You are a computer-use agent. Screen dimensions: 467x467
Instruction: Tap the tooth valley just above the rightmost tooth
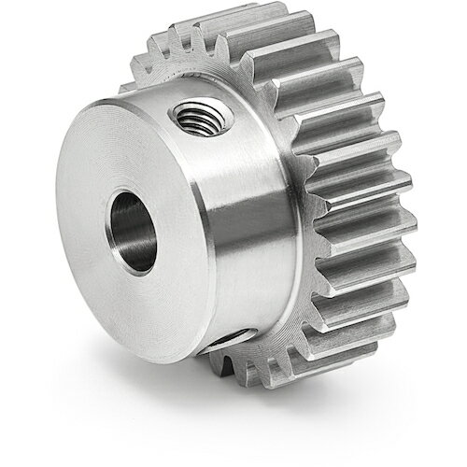coord(388,213)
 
